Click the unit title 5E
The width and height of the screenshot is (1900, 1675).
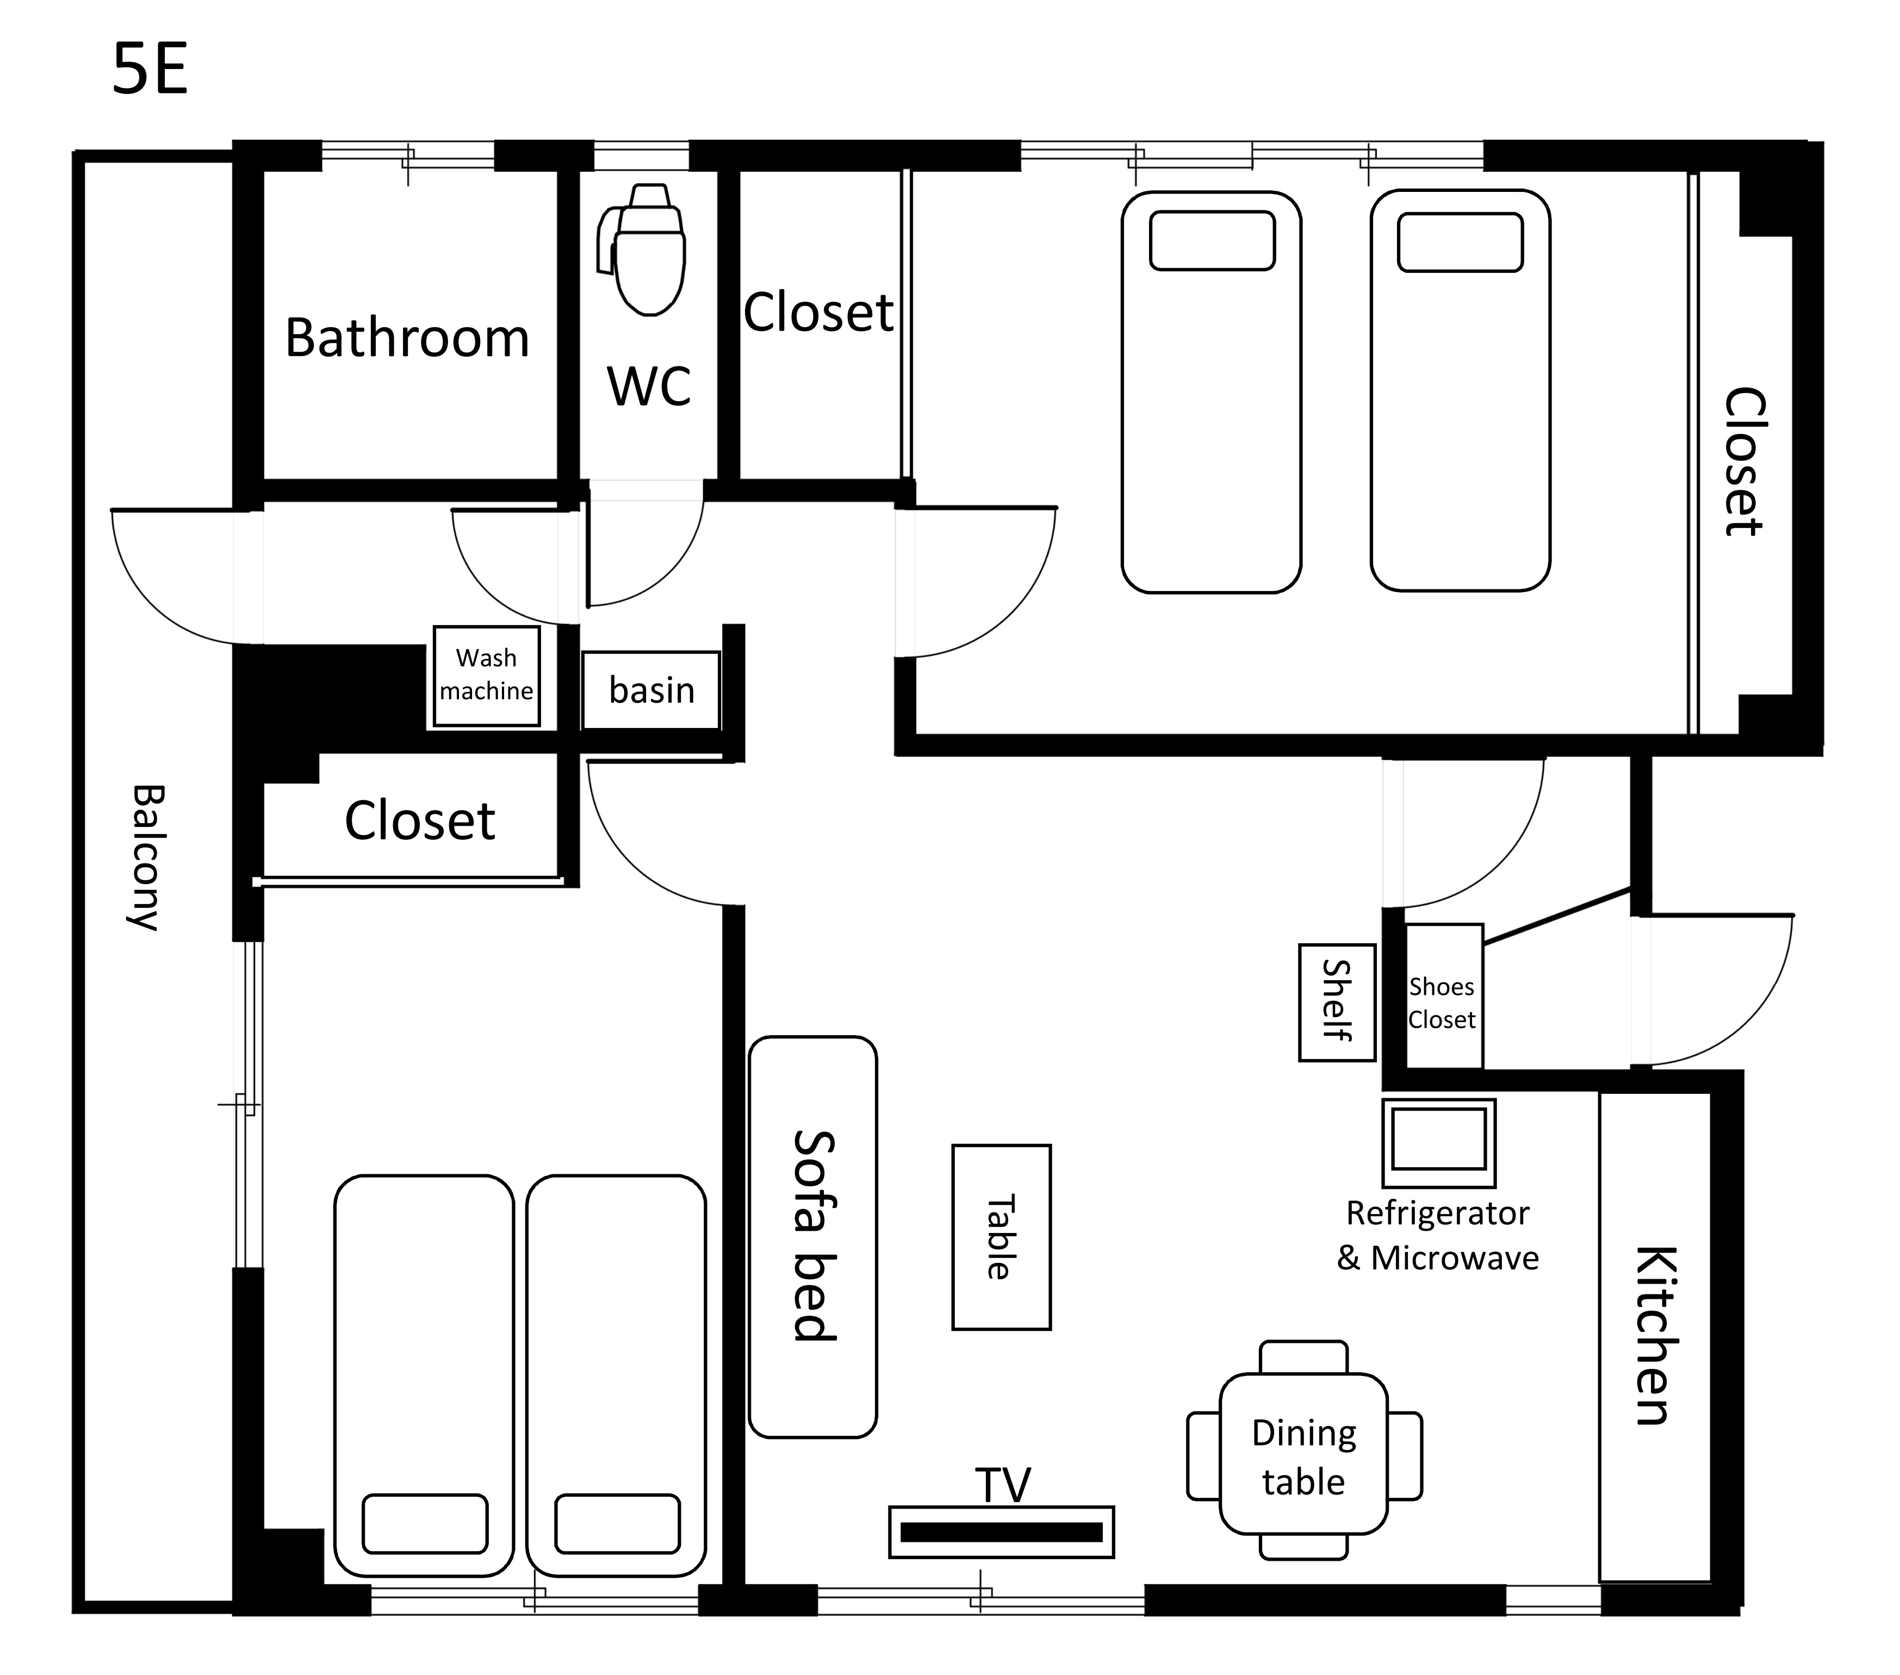[151, 70]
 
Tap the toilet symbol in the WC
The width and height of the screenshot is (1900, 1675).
[643, 249]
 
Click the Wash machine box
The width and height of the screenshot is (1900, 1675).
[486, 676]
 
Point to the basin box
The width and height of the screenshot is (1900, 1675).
[651, 690]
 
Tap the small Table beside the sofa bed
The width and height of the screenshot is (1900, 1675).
[1001, 1237]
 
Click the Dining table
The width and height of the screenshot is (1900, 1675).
[1303, 1456]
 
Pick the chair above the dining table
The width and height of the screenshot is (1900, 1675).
[1303, 1357]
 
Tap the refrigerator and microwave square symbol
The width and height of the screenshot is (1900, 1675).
[1439, 1143]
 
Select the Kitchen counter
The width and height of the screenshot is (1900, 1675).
[1655, 1336]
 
